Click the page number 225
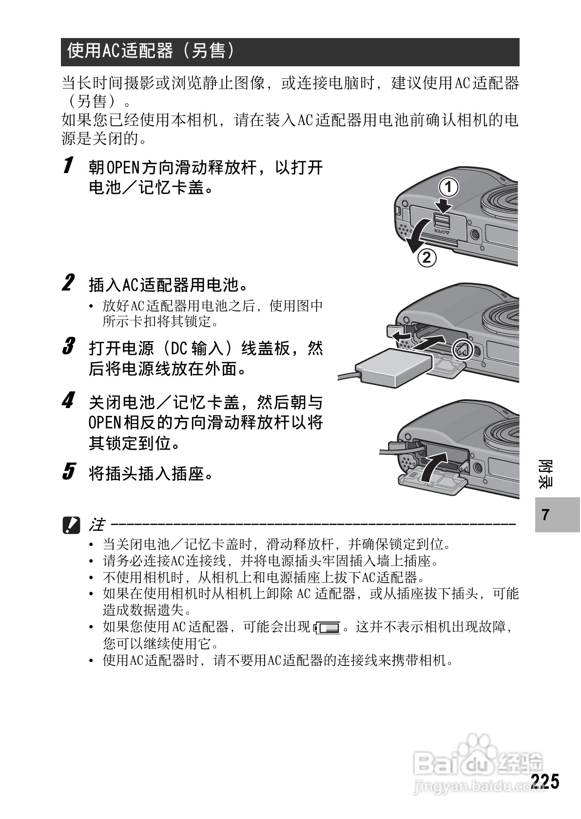pyautogui.click(x=545, y=781)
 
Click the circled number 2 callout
pyautogui.click(x=426, y=257)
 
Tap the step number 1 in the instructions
pyautogui.click(x=69, y=165)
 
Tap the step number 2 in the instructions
pyautogui.click(x=69, y=282)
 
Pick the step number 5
pyautogui.click(x=69, y=471)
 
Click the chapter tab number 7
pyautogui.click(x=545, y=515)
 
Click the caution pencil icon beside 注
pyautogui.click(x=71, y=525)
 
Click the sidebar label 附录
pyautogui.click(x=545, y=473)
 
